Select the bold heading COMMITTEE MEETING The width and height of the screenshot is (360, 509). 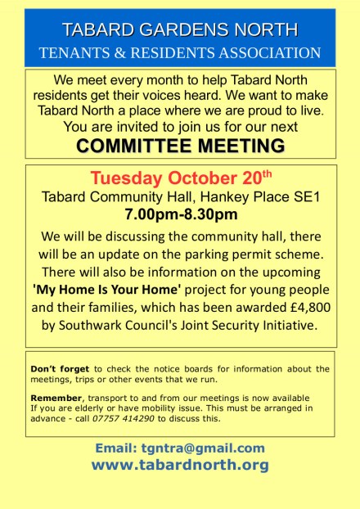pyautogui.click(x=180, y=145)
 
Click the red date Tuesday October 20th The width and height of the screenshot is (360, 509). pyautogui.click(x=180, y=178)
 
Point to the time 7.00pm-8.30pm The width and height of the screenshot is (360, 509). pyautogui.click(x=180, y=215)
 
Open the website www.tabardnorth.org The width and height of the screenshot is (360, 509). pyautogui.click(x=180, y=465)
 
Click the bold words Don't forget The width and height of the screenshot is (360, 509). pyautogui.click(x=59, y=369)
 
